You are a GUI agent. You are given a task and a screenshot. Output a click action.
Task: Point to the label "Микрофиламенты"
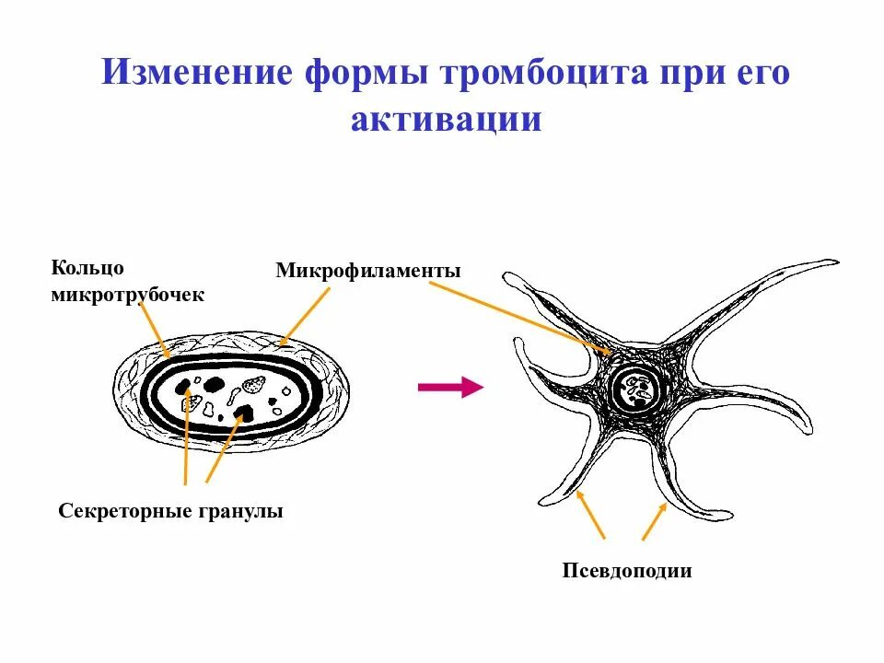click(x=367, y=272)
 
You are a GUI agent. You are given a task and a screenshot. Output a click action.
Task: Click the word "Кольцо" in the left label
click(x=87, y=268)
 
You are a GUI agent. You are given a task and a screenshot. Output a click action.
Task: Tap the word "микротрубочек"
click(x=128, y=295)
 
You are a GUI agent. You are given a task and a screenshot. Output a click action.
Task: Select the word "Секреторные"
click(x=125, y=511)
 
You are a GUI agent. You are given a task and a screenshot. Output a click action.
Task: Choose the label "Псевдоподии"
click(x=627, y=571)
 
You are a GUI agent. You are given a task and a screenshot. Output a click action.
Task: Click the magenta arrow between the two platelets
click(x=450, y=388)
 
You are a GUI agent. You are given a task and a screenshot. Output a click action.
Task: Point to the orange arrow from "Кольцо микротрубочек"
click(x=154, y=328)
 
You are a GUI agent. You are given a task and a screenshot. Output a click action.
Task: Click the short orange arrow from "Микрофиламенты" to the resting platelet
click(x=305, y=316)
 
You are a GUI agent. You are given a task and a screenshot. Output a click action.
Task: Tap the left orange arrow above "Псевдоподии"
click(x=590, y=515)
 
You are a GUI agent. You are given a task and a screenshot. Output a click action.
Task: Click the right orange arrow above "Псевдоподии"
click(x=654, y=521)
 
